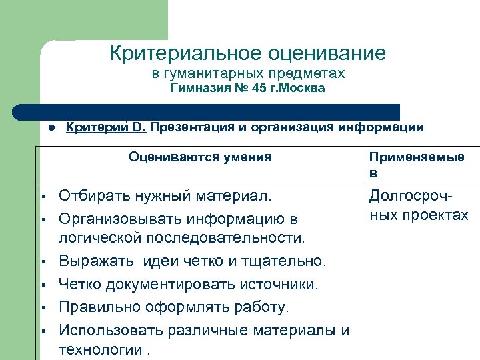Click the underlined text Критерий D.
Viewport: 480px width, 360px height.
pos(106,127)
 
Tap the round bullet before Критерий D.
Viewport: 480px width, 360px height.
pos(51,128)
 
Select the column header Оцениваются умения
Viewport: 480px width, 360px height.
pos(200,157)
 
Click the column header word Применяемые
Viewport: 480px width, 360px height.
pos(417,157)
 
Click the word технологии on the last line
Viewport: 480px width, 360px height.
pos(99,349)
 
